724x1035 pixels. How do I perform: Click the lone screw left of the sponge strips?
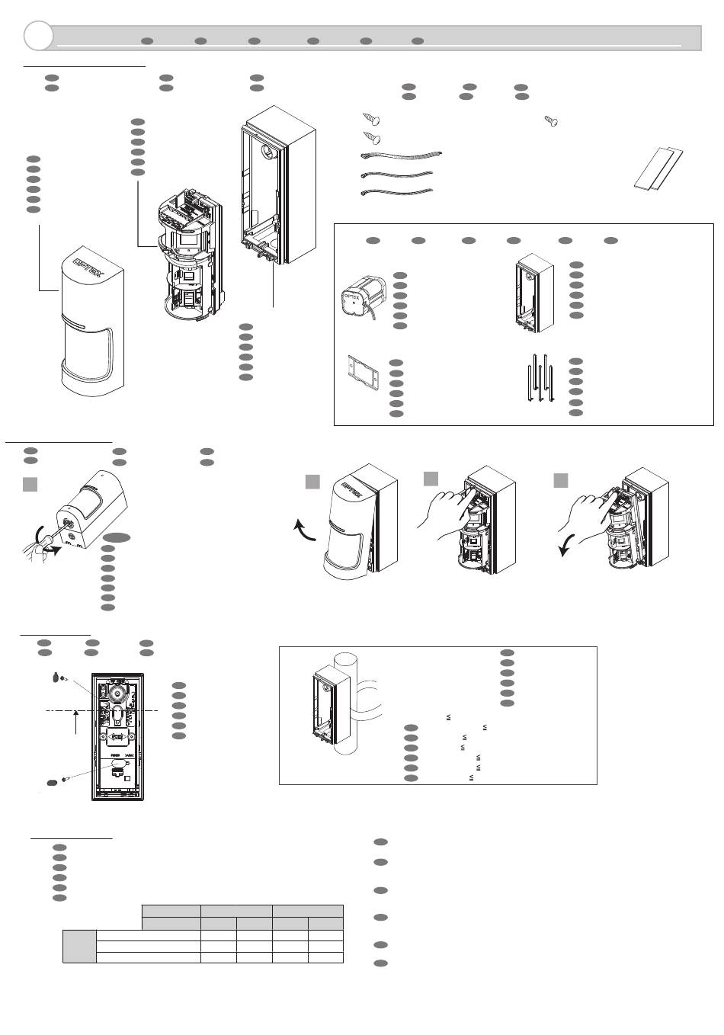tap(551, 120)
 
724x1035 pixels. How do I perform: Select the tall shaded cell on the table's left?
tap(80, 947)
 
